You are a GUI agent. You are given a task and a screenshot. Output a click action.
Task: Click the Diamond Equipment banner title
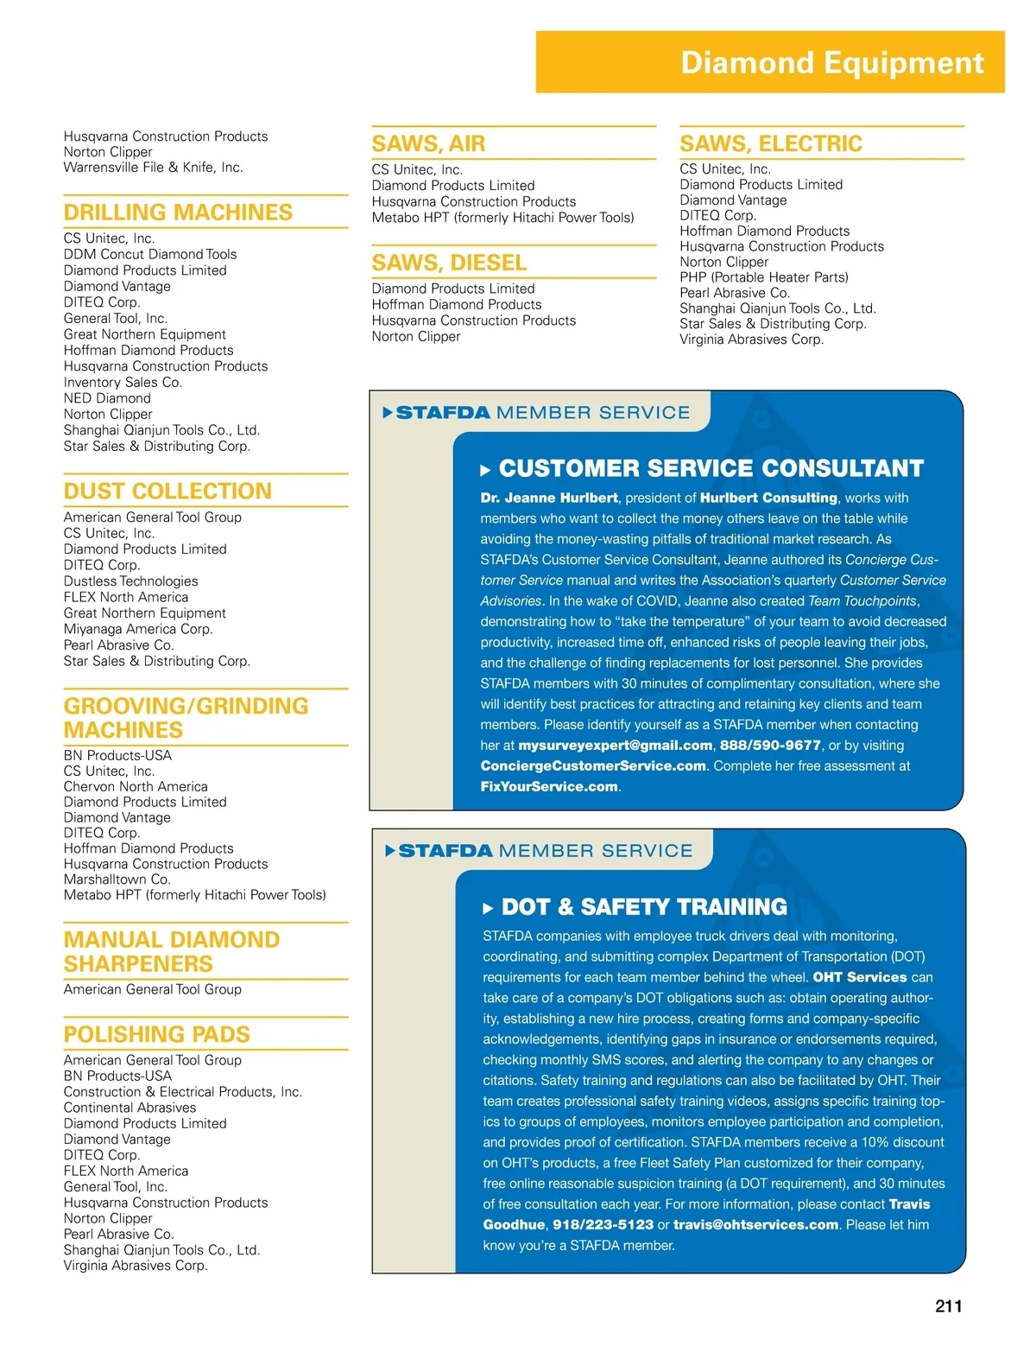coord(831,63)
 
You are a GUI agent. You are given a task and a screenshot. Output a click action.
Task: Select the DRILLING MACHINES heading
coord(178,213)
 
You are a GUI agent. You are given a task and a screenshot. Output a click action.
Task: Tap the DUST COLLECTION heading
coord(167,491)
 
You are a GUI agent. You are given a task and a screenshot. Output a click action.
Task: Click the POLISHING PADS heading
coord(156,1034)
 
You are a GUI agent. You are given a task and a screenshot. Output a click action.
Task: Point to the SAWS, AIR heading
coord(428,143)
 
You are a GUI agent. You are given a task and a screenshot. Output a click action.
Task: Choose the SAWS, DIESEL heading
coord(449,263)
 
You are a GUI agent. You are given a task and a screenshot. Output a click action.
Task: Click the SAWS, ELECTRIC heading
coord(770,143)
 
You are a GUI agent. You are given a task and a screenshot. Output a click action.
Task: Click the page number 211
coord(948,1306)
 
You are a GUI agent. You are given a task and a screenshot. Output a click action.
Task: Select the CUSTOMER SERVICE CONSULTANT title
coord(711,469)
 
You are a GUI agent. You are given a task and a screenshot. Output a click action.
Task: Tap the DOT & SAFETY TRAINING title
coord(644,907)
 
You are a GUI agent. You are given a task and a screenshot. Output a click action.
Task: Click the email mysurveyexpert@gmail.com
coord(615,746)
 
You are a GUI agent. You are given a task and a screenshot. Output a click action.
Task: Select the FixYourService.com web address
coord(549,787)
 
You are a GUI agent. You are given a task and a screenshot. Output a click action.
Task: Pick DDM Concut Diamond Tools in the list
coord(150,254)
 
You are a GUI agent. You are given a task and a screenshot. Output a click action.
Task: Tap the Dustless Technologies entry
coord(130,581)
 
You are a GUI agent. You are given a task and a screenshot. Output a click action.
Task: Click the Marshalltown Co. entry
coord(117,879)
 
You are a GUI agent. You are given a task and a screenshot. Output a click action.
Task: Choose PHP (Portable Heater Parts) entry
coord(763,277)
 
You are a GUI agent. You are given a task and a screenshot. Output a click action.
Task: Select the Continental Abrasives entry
coord(129,1108)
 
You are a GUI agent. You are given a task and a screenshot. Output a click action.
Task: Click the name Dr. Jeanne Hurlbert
coord(549,498)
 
